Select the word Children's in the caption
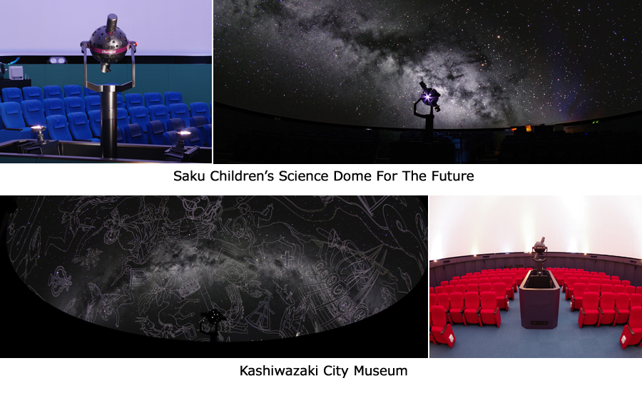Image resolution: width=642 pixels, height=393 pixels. pos(242,176)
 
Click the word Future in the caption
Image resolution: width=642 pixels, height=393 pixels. pos(452,176)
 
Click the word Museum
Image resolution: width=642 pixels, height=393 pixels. pos(380,371)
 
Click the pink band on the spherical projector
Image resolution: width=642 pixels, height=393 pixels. pos(109,51)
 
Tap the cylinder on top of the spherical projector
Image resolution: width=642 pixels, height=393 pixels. pos(112,24)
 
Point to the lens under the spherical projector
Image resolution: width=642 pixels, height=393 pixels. pos(106,68)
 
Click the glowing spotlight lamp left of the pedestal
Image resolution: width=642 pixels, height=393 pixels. pos(38,131)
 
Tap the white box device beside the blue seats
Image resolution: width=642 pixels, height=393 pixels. pos(16,73)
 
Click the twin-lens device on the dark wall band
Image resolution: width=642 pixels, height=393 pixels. pos(58,61)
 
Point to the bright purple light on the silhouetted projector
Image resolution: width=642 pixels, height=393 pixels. pos(427,96)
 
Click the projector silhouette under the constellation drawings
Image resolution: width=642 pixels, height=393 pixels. pos(212,324)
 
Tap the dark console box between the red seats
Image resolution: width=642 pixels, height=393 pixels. pos(539,300)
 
